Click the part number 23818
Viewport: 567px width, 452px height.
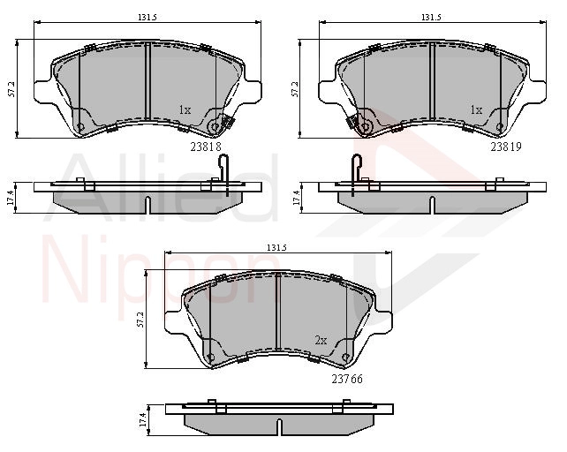[206, 147]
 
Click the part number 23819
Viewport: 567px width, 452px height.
[506, 147]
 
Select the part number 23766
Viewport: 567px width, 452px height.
[347, 379]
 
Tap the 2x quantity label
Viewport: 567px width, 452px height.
[321, 340]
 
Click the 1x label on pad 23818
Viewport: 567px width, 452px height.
[185, 110]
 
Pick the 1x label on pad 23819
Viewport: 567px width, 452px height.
[476, 110]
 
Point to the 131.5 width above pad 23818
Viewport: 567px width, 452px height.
[147, 17]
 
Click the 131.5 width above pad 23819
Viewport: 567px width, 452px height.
[431, 17]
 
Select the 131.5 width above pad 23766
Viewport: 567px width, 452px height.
[276, 248]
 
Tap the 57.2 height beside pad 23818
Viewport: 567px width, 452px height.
[12, 88]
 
